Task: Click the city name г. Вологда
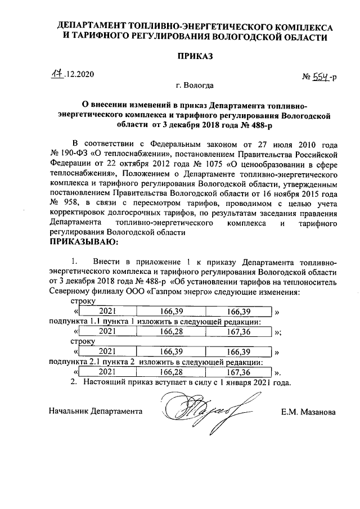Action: point(195,86)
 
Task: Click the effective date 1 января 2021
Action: point(246,382)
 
